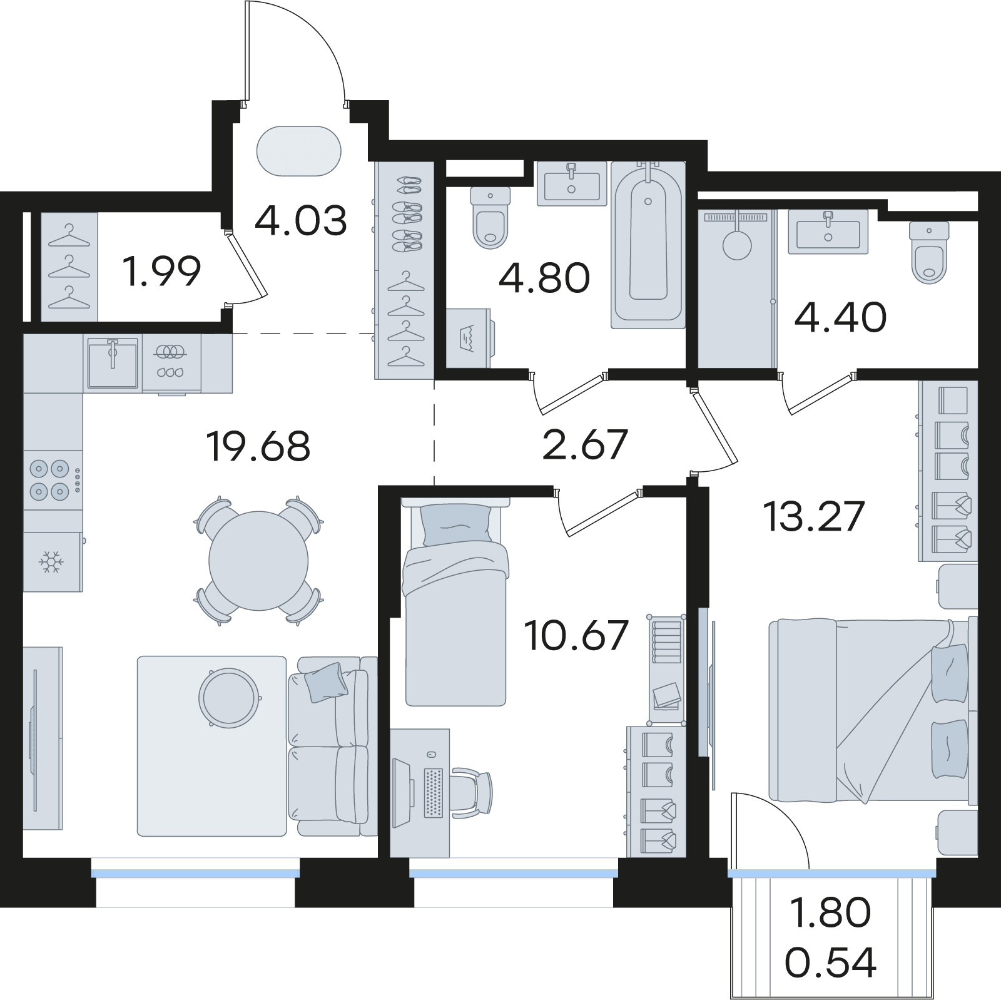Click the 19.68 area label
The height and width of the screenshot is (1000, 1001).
click(258, 446)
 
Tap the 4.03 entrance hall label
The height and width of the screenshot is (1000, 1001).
click(301, 221)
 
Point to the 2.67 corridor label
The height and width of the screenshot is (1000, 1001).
click(585, 444)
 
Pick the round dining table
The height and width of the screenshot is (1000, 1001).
click(258, 560)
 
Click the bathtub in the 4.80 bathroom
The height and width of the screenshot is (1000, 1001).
click(648, 245)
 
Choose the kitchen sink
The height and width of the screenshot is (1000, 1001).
click(113, 363)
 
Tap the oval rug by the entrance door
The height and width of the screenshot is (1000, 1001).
click(299, 151)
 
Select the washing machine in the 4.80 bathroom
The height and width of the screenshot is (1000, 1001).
click(469, 338)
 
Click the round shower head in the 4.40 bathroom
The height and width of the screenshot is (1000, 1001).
click(737, 245)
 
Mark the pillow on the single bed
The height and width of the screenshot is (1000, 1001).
click(456, 523)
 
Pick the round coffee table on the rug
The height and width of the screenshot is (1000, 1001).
click(230, 698)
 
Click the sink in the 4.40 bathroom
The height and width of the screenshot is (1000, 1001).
click(828, 232)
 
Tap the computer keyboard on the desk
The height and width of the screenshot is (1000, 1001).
click(433, 792)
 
